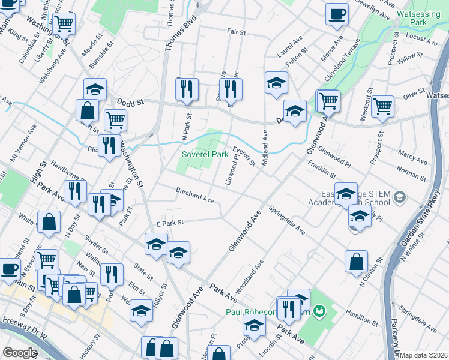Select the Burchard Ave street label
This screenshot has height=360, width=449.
tap(194, 194)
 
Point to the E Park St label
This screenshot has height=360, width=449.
tap(169, 223)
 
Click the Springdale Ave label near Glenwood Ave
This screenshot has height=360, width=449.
tap(286, 220)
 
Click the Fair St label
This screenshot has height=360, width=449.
tap(237, 32)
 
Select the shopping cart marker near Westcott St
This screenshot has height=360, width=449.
tap(382, 106)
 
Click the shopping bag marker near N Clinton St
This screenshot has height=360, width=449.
tap(356, 262)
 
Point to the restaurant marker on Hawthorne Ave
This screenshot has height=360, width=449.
tap(75, 191)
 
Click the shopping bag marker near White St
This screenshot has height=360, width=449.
tap(49, 222)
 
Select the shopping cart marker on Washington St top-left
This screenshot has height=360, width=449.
tap(64, 24)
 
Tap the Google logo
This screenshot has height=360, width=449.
tap(19, 353)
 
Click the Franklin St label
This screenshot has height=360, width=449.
tap(321, 168)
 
